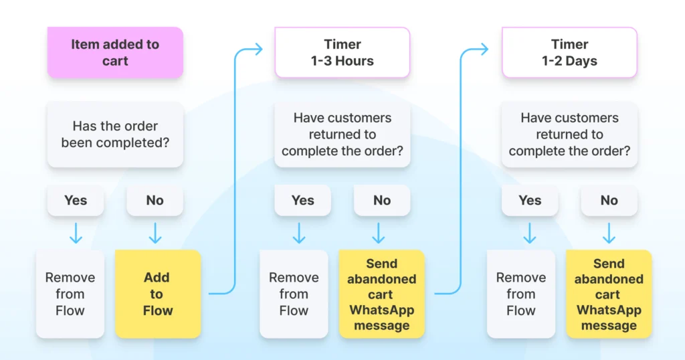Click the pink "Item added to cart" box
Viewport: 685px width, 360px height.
(x=115, y=52)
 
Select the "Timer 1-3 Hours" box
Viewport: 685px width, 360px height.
(x=342, y=52)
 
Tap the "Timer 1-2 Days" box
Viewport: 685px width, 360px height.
(x=569, y=52)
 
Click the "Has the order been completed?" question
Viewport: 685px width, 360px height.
(x=115, y=134)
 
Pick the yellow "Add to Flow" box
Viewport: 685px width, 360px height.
(x=157, y=294)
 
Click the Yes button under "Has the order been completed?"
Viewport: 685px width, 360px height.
(x=76, y=200)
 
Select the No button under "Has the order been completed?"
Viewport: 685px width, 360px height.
(x=155, y=200)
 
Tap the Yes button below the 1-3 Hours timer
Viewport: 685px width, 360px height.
(x=302, y=200)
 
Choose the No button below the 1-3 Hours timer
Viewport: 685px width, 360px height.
(x=382, y=200)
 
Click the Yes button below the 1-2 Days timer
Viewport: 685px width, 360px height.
(x=530, y=200)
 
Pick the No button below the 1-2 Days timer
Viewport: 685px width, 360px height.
(x=609, y=200)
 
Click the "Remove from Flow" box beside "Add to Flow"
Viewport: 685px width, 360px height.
(x=70, y=294)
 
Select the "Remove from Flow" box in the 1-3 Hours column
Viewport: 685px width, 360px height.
(x=294, y=294)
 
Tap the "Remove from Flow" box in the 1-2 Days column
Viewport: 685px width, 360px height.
(x=520, y=294)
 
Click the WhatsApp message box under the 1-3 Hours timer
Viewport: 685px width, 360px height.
(x=381, y=294)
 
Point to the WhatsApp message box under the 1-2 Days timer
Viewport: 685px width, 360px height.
(x=609, y=294)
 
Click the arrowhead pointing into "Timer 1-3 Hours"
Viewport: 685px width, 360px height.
(x=259, y=48)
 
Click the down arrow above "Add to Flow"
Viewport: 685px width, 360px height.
(x=155, y=234)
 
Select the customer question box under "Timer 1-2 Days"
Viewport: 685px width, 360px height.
(x=569, y=134)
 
